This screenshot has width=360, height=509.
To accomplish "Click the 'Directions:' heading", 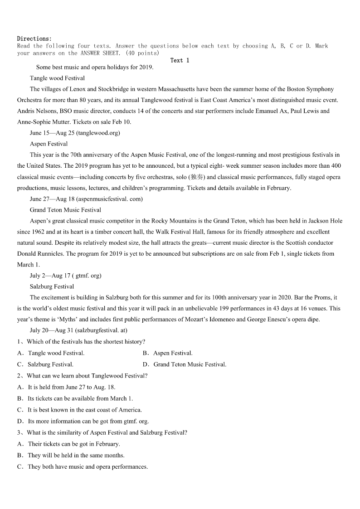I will (x=34, y=39).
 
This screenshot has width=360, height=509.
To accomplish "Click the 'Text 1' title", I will (x=180, y=60).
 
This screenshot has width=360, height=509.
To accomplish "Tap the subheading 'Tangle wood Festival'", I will (x=57, y=78).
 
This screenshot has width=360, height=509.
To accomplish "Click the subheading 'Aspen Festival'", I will (x=49, y=144).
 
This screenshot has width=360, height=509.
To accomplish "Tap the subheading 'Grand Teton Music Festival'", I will (x=65, y=210).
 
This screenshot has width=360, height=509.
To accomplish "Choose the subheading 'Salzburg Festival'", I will (x=52, y=286).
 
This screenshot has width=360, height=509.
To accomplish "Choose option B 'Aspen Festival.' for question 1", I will (x=173, y=353).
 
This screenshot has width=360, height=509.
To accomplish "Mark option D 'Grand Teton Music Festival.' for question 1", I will (x=190, y=364).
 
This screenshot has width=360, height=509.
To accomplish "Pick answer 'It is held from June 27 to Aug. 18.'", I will (x=72, y=387).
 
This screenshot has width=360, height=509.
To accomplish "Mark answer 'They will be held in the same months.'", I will (x=76, y=455).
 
